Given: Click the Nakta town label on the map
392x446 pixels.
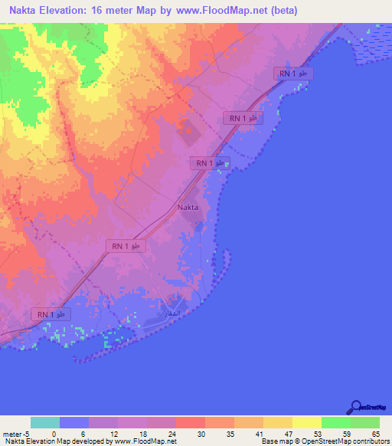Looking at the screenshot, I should (188, 208).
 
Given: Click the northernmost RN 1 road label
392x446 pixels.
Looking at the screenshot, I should (294, 73).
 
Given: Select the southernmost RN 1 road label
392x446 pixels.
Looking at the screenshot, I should (51, 314).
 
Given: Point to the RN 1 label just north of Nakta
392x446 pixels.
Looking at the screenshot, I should (210, 163).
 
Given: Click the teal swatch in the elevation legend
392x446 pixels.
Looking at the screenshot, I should (45, 422).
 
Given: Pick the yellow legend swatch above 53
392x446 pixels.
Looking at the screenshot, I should (306, 422).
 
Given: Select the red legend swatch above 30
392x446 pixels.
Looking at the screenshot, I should (190, 422).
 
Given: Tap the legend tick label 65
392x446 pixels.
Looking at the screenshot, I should (376, 433).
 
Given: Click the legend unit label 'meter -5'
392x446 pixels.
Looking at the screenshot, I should (16, 433).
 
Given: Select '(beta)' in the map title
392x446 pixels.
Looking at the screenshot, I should (282, 11).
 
